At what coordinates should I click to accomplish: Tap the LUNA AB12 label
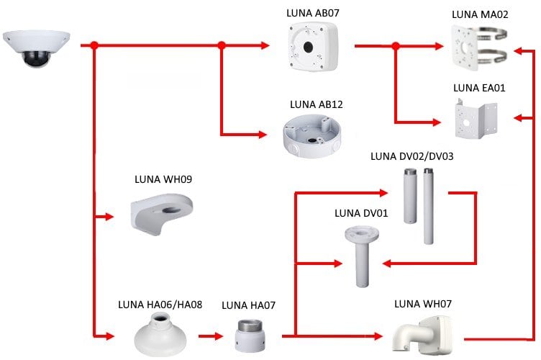coord(317,104)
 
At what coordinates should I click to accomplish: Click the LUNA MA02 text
coord(480,14)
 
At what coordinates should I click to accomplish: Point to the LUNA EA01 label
coord(480,89)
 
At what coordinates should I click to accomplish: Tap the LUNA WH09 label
coord(163,179)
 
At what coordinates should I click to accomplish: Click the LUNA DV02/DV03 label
coord(412,156)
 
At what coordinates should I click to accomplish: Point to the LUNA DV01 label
coord(362,213)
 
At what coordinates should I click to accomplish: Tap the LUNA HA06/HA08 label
coord(160,305)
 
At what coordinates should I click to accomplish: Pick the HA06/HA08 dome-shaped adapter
coord(158,335)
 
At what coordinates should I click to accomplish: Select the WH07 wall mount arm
coord(424,334)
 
